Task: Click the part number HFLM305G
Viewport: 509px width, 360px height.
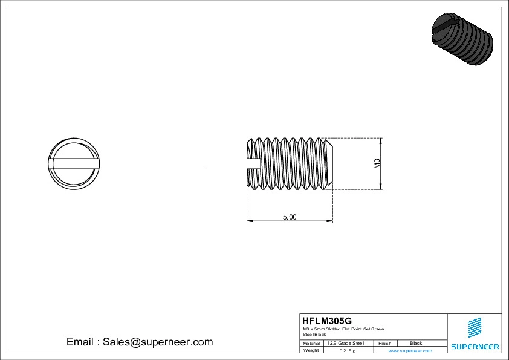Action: pyautogui.click(x=326, y=321)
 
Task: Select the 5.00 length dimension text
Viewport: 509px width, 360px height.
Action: pyautogui.click(x=290, y=217)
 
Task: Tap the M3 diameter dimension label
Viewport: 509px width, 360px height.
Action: pyautogui.click(x=377, y=163)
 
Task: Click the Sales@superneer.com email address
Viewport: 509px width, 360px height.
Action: pyautogui.click(x=157, y=342)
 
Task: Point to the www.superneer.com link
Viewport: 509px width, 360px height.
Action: pyautogui.click(x=410, y=350)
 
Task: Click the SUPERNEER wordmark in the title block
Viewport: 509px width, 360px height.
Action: pyautogui.click(x=475, y=347)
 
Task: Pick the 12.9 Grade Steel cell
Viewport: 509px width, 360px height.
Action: pyautogui.click(x=345, y=343)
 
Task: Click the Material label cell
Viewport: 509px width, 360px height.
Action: pyautogui.click(x=311, y=343)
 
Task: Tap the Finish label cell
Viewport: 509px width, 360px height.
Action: pyautogui.click(x=384, y=343)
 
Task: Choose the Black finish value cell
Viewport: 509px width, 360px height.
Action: pyautogui.click(x=416, y=343)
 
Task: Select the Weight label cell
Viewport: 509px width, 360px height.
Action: pyautogui.click(x=311, y=350)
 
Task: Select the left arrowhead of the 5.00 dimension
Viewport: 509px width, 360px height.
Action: pyautogui.click(x=249, y=221)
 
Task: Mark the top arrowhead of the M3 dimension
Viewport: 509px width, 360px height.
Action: pyautogui.click(x=381, y=140)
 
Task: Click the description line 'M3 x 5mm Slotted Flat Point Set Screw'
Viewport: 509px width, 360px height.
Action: pyautogui.click(x=343, y=329)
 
